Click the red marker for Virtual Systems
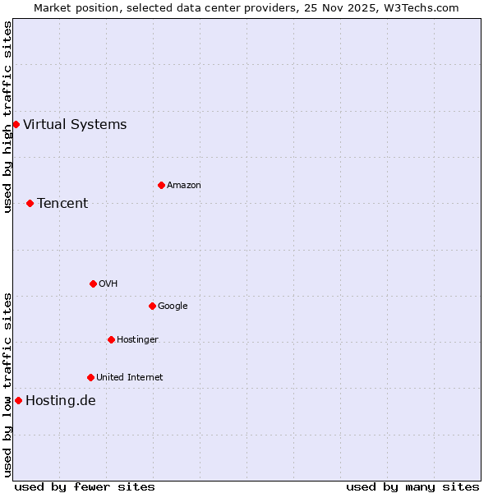coord(16,124)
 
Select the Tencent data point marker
coord(30,203)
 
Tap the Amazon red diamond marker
coord(161,185)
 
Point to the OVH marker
coord(93,283)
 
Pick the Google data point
coord(152,306)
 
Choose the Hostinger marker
coord(111,339)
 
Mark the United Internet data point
coord(90,377)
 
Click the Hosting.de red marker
coord(18,400)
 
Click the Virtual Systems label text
coord(75,125)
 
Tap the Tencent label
coord(62,204)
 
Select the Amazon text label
coord(184,186)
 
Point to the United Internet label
coord(130,378)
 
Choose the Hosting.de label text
coord(61,401)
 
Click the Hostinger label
coord(137,340)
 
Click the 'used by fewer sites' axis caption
coord(85,486)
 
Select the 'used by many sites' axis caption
coord(412,486)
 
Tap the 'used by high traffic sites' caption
coord(7,117)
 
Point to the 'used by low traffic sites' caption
coord(7,385)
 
